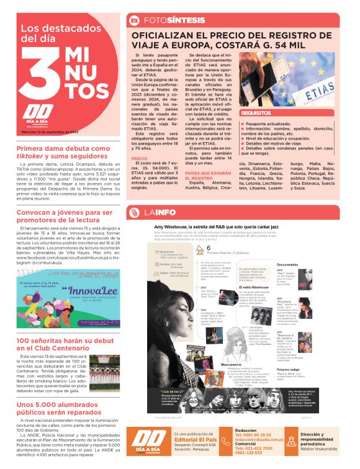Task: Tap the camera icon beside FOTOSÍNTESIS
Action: click(134, 20)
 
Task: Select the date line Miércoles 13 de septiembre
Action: click(49, 132)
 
